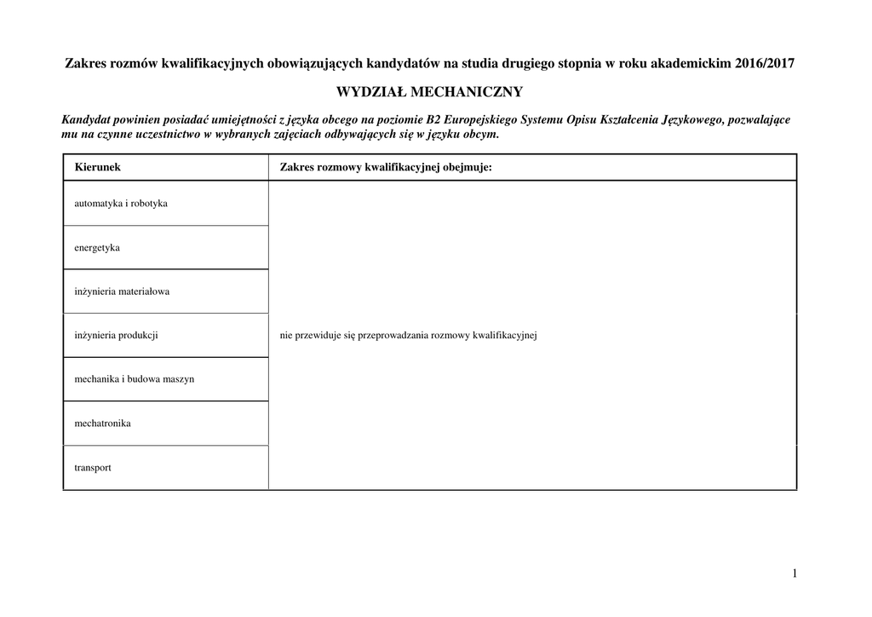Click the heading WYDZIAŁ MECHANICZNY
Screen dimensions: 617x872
coord(430,91)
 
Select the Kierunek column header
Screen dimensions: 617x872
coord(98,167)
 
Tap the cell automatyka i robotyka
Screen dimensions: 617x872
coord(121,204)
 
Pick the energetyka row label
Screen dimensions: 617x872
coord(97,247)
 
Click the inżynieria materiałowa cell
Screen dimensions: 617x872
coord(122,291)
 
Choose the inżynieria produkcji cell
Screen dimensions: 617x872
coord(117,335)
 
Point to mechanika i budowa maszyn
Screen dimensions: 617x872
coord(135,379)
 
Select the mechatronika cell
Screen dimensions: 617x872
coord(103,423)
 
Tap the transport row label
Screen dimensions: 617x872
coord(93,467)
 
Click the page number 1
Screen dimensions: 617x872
coord(795,574)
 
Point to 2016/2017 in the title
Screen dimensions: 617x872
coord(769,64)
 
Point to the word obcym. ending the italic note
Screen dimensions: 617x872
coord(479,135)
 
